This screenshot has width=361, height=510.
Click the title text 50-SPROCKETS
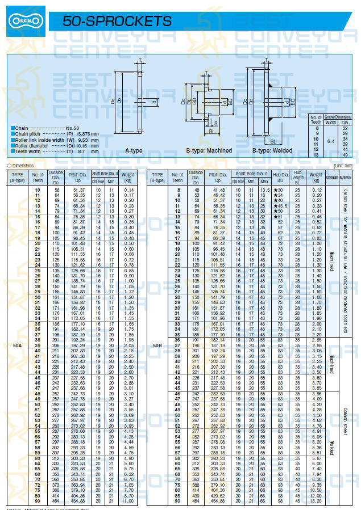pyautogui.click(x=117, y=22)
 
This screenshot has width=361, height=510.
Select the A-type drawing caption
pyautogui.click(x=134, y=150)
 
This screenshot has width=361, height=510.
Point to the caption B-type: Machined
pyautogui.click(x=209, y=150)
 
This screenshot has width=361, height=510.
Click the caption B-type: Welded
pyautogui.click(x=272, y=150)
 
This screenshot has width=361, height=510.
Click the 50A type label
pyautogui.click(x=18, y=345)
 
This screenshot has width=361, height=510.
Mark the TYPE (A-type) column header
pyautogui.click(x=18, y=177)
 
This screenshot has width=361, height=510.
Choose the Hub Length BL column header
pyautogui.click(x=297, y=177)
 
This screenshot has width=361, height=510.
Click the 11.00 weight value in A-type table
pyautogui.click(x=128, y=501)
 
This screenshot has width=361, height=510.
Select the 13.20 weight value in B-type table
pyautogui.click(x=315, y=501)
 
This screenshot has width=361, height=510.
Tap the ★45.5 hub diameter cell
pyautogui.click(x=280, y=205)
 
